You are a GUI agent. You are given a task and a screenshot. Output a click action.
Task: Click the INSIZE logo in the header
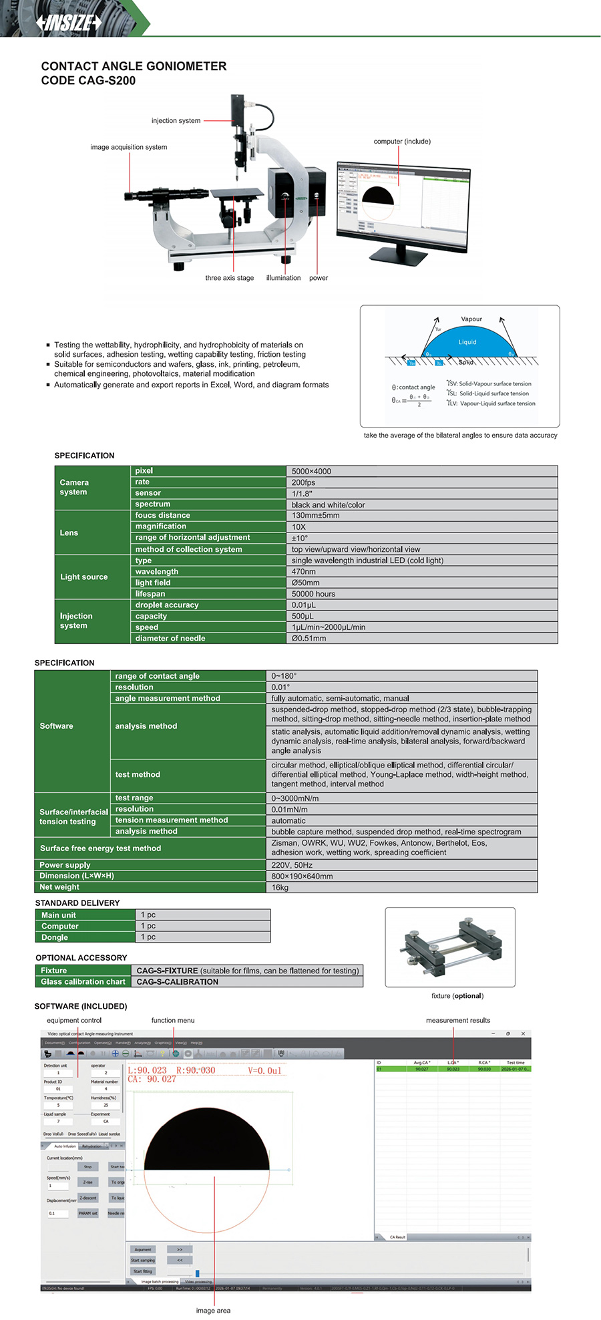coord(69,23)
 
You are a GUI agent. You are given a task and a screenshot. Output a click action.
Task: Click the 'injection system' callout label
coord(176,121)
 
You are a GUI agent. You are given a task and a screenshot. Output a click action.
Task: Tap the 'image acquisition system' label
coord(129,147)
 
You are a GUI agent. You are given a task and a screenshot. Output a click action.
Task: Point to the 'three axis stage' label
coord(229,278)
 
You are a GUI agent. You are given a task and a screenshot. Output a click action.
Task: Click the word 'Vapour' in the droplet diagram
coord(471,319)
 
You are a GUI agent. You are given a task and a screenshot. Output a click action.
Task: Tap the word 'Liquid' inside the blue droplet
coord(467,342)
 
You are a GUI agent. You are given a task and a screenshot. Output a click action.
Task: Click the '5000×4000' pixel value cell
coord(311,472)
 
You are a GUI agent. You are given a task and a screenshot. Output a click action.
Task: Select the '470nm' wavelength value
coord(303,572)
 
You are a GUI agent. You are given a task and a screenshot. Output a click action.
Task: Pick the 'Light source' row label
coord(84,577)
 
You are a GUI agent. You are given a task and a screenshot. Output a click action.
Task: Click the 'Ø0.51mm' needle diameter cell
coord(309,639)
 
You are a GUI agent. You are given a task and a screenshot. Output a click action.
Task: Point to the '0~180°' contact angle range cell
coord(284,676)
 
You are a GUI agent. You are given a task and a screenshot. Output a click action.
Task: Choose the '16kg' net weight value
coord(280,888)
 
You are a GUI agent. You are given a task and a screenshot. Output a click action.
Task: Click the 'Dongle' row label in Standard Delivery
coord(55,938)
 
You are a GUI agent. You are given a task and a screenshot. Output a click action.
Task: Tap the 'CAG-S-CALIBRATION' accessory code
coord(178,982)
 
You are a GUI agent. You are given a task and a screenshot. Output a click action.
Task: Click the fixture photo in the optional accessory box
coord(449,947)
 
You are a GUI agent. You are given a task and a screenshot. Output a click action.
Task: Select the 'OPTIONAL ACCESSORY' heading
coord(81,958)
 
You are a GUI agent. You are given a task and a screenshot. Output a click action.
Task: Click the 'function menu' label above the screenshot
coord(173,1021)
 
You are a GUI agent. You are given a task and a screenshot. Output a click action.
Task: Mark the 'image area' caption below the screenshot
coord(213,1311)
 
